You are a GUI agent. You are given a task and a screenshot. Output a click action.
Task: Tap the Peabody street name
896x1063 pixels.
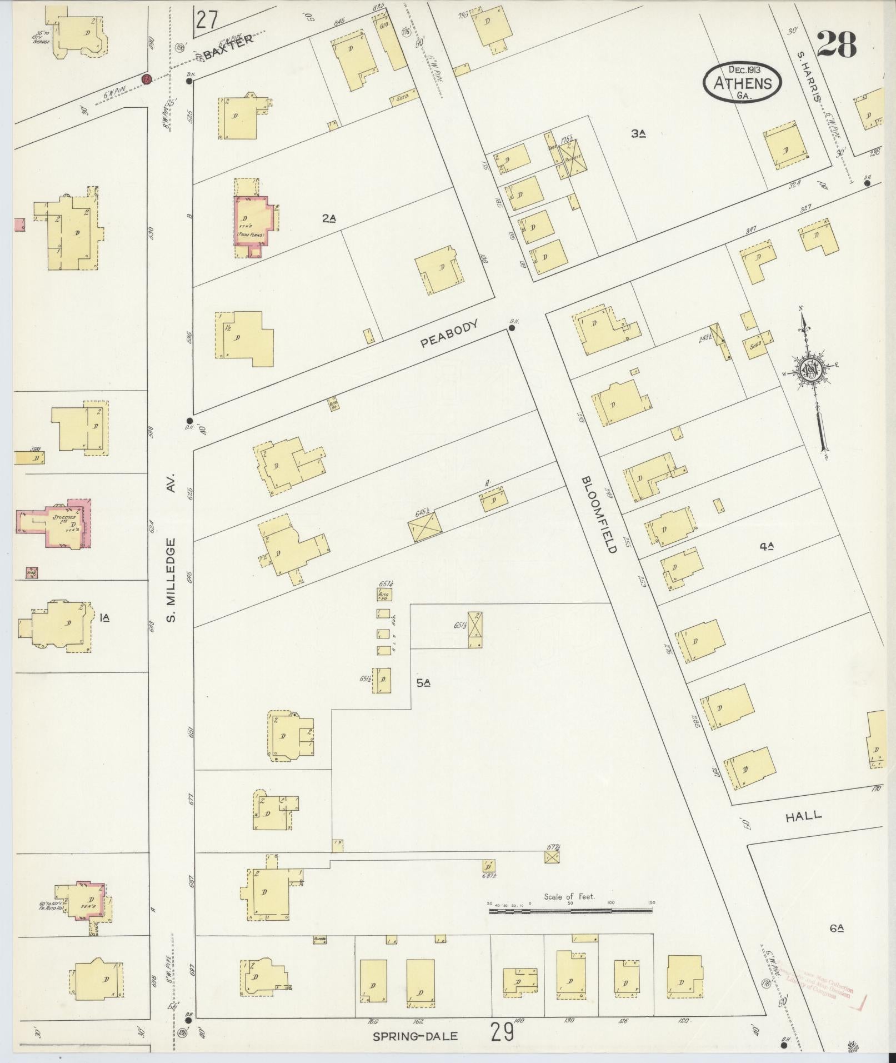tap(449, 334)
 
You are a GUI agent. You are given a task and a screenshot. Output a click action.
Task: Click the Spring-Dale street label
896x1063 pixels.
tap(416, 1036)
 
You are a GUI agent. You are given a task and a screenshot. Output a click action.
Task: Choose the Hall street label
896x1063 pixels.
tap(803, 816)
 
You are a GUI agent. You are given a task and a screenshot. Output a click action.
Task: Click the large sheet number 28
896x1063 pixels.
tap(836, 44)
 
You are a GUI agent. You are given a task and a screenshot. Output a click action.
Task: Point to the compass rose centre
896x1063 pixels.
tap(810, 370)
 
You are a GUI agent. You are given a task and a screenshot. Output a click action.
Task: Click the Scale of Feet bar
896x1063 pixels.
tap(570, 911)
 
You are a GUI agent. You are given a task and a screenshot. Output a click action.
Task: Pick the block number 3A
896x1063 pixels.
tap(638, 133)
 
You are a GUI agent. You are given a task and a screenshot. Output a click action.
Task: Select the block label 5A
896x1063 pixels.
tap(424, 683)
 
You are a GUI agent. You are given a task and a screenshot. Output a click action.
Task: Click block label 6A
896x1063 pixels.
tap(837, 927)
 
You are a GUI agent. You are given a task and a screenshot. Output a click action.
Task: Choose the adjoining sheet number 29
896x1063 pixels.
tap(502, 1032)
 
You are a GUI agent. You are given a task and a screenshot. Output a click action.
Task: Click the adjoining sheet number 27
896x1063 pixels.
tap(206, 19)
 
